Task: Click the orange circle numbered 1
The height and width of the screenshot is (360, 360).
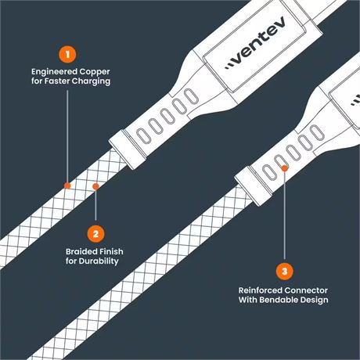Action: pyautogui.click(x=67, y=55)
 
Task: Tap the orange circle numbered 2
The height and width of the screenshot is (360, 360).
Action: pyautogui.click(x=95, y=234)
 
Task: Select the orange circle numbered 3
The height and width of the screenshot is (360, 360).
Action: pyautogui.click(x=285, y=272)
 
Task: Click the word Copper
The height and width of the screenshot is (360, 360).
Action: pyautogui.click(x=95, y=72)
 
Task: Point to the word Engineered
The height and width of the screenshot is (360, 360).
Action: pyautogui.click(x=54, y=72)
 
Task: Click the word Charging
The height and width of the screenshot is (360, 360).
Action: pyautogui.click(x=91, y=81)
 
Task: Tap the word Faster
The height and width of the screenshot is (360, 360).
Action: pyautogui.click(x=56, y=81)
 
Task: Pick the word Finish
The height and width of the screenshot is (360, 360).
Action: pyautogui.click(x=110, y=251)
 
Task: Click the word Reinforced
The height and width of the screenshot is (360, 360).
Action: pyautogui.click(x=260, y=290)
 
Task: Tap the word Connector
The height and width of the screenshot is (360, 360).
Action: pyautogui.click(x=306, y=290)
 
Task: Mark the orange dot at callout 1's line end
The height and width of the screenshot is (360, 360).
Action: pyautogui.click(x=67, y=185)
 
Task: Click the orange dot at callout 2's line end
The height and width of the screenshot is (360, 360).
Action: pyautogui.click(x=95, y=186)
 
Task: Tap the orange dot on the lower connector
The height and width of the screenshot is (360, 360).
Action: pyautogui.click(x=285, y=168)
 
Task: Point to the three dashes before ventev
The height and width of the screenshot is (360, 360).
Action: pyautogui.click(x=229, y=65)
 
